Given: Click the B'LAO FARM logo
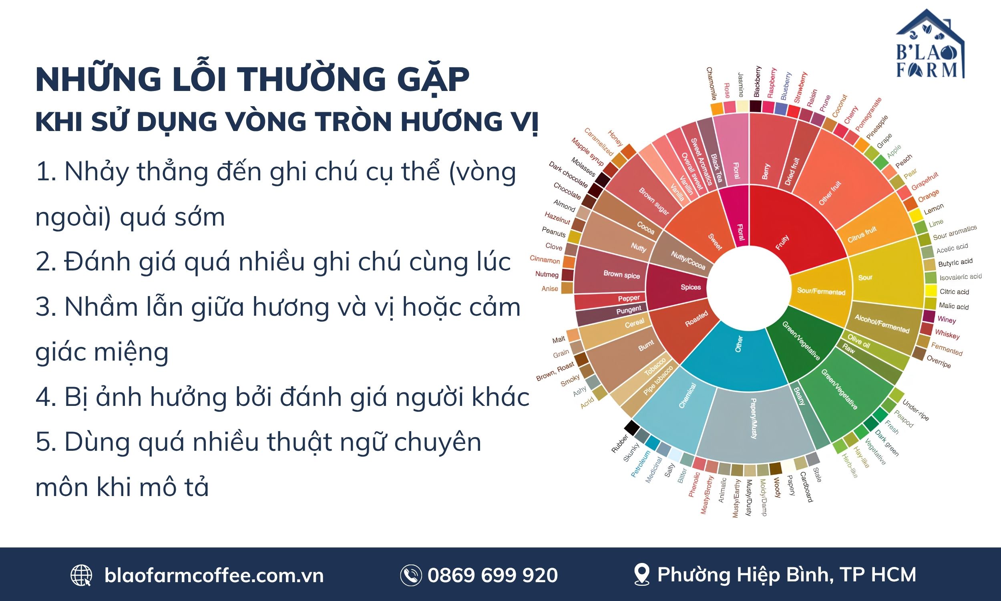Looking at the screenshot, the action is pyautogui.click(x=930, y=44).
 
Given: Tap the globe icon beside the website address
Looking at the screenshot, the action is pyautogui.click(x=81, y=575).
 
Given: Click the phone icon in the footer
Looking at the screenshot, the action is pyautogui.click(x=411, y=575).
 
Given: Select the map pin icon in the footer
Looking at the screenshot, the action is pyautogui.click(x=642, y=575).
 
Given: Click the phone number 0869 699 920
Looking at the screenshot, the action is pyautogui.click(x=492, y=575).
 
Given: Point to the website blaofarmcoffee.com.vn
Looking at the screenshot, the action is pyautogui.click(x=214, y=575).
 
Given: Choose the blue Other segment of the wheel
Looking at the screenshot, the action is pyautogui.click(x=734, y=352).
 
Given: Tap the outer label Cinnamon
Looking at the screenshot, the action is pyautogui.click(x=545, y=260).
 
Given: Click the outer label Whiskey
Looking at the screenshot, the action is pyautogui.click(x=947, y=334).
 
